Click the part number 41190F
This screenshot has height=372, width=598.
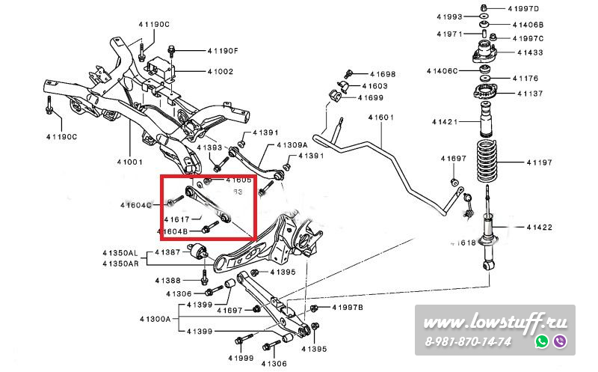point(222,51)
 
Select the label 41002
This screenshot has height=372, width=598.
point(220,72)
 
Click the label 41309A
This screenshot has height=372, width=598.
point(292,144)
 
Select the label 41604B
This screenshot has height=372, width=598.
point(173,232)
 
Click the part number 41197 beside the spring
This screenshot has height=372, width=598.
point(539,162)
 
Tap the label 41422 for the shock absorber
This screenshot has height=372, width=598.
point(539,227)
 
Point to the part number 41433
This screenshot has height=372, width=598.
point(530,52)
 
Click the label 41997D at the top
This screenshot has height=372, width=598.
point(523,8)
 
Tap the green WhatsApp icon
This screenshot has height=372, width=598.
point(542,341)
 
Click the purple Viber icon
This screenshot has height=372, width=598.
point(560,341)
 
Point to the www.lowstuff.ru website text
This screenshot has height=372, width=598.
point(495,323)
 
